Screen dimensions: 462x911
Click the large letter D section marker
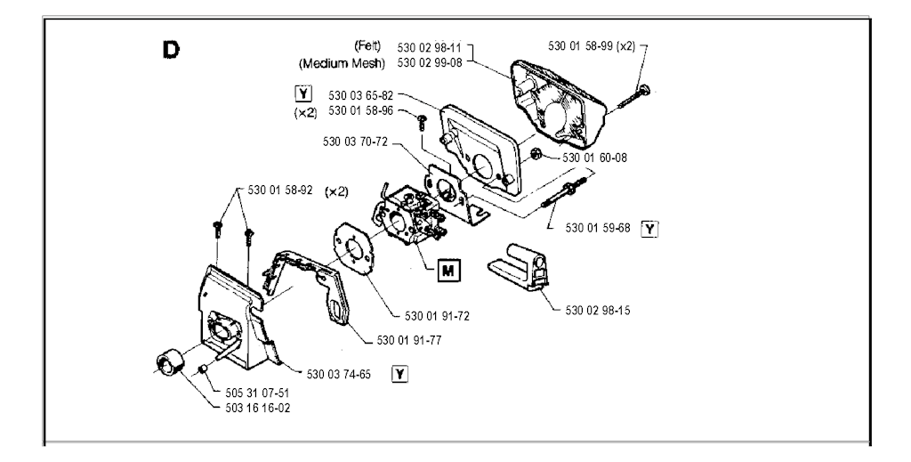pos(169,48)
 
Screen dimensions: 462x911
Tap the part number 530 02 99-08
pos(431,63)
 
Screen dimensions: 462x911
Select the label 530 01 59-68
pos(598,228)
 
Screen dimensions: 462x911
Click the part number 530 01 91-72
pos(436,316)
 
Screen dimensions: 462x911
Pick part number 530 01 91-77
pos(409,340)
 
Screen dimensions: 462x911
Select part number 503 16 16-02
pos(258,408)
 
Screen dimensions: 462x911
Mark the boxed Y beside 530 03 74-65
pos(400,375)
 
